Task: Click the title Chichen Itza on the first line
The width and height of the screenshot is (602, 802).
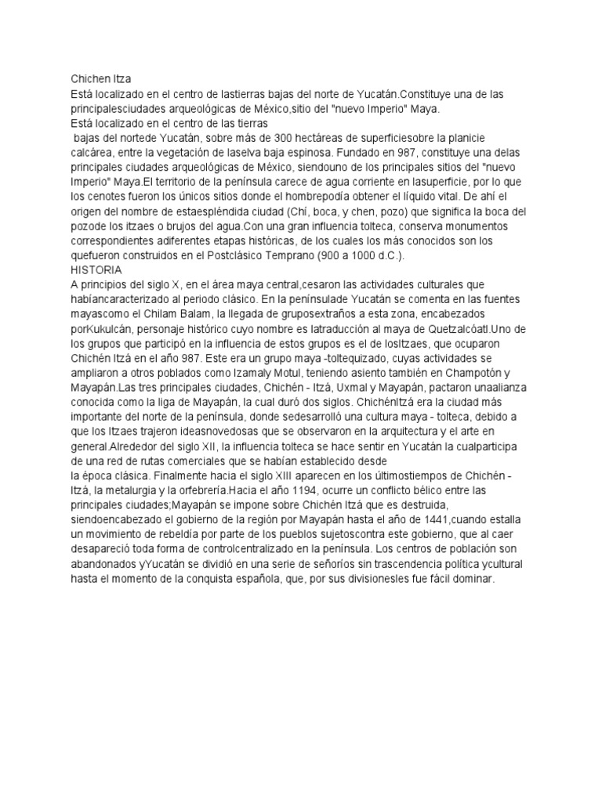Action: (x=102, y=79)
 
